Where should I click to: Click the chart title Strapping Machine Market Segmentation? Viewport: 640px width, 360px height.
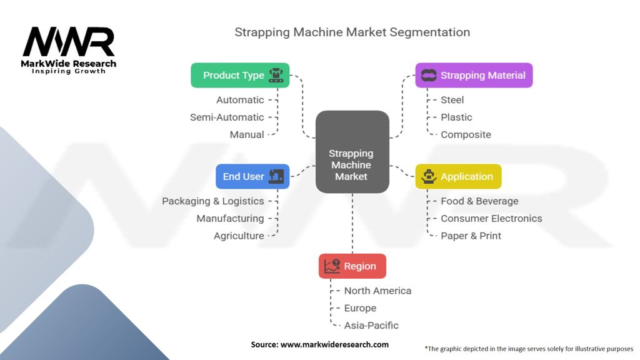point(352,32)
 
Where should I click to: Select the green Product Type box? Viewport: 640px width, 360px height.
point(240,75)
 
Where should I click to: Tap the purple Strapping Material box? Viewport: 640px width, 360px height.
point(474,75)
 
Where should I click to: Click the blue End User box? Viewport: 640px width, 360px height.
point(252,176)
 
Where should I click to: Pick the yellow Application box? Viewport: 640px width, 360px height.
point(458,176)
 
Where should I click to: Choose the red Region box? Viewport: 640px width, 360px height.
point(352,266)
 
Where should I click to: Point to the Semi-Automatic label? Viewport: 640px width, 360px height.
point(227,117)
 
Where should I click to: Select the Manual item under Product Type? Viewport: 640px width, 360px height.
point(247,134)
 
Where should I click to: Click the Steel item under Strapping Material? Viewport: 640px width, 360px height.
point(452,99)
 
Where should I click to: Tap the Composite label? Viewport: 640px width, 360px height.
point(466,134)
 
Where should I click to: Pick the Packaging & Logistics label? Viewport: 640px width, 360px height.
point(212,201)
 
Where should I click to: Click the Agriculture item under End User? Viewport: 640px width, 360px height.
point(239,236)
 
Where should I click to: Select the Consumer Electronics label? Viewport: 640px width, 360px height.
point(491,218)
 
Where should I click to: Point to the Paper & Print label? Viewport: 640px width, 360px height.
point(471,236)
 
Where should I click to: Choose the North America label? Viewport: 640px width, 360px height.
point(377,291)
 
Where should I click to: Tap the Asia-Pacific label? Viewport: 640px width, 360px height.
point(371,325)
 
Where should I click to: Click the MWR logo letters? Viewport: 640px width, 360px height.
point(69,42)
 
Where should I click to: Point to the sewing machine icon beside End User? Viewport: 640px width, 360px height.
point(276,176)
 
